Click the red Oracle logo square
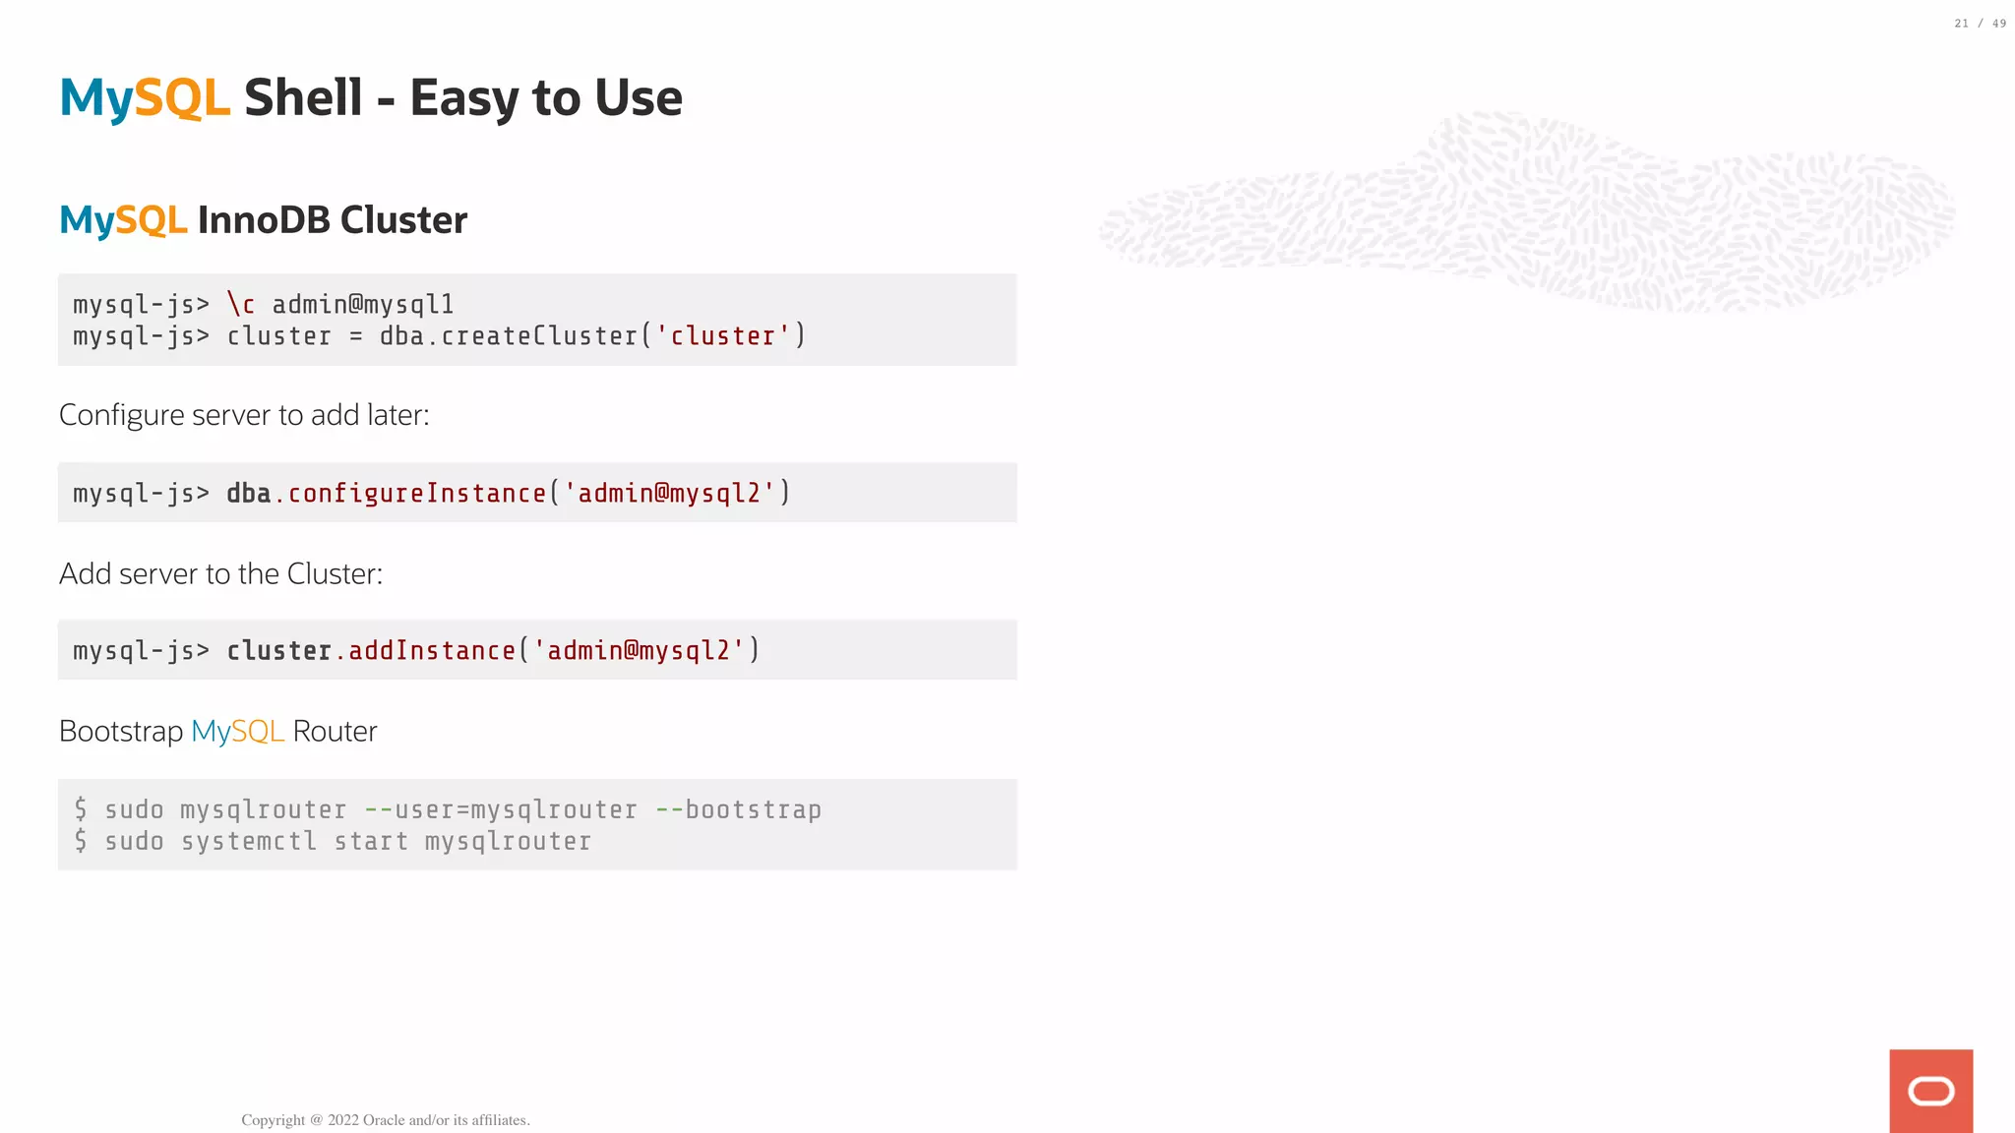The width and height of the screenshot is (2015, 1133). pyautogui.click(x=1930, y=1091)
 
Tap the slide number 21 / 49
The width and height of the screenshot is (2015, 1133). pyautogui.click(x=1980, y=24)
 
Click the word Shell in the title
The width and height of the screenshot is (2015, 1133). pyautogui.click(x=303, y=97)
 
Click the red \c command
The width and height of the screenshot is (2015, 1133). pyautogui.click(x=241, y=304)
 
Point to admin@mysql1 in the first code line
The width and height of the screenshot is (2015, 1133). pyautogui.click(x=363, y=304)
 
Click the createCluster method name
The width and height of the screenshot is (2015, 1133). pyautogui.click(x=539, y=336)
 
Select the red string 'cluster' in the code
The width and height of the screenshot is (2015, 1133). pyautogui.click(x=723, y=336)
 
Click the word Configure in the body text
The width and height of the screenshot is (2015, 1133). pyautogui.click(x=122, y=415)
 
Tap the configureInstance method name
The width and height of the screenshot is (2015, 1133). pyautogui.click(x=417, y=493)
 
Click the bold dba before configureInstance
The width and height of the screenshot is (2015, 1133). pyautogui.click(x=248, y=493)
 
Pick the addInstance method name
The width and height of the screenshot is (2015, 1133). pyautogui.click(x=432, y=650)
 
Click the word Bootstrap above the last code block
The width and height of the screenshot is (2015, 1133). pyautogui.click(x=121, y=732)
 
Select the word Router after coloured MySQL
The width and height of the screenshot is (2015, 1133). pyautogui.click(x=335, y=732)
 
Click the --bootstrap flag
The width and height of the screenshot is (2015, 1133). pyautogui.click(x=738, y=810)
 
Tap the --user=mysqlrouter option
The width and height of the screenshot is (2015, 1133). pyautogui.click(x=501, y=810)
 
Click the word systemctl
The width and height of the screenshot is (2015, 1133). pyautogui.click(x=249, y=842)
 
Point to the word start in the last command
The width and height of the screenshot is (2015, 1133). pyautogui.click(x=371, y=842)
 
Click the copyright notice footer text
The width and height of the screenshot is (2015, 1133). pyautogui.click(x=386, y=1120)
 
